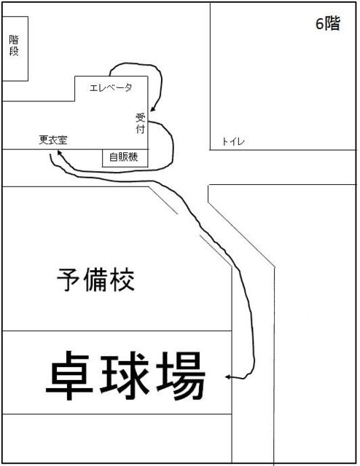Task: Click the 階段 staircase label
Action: pos(14,46)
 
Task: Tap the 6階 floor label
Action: pos(327,24)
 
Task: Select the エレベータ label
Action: pos(111,87)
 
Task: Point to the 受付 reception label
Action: pos(141,123)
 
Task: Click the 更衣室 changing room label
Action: pos(53,140)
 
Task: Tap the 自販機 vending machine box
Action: pos(125,158)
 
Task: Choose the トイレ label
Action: pos(233,141)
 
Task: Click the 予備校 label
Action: pos(95,280)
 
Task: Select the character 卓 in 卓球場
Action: pos(70,376)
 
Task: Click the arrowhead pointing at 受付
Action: pos(152,110)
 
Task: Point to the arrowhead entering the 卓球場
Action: pos(227,377)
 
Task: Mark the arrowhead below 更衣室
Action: pos(59,153)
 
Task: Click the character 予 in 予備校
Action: pos(69,280)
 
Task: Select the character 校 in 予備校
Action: pos(122,280)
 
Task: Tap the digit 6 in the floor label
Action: pos(319,24)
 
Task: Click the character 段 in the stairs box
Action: pos(14,51)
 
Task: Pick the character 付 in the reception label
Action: pos(141,129)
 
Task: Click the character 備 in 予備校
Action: pos(95,280)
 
